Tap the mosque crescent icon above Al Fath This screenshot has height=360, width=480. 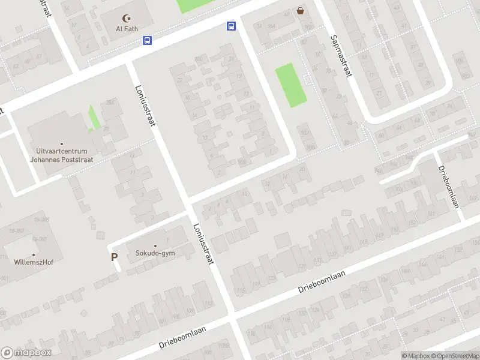[x=126, y=19]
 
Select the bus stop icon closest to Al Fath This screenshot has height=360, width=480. [x=147, y=41]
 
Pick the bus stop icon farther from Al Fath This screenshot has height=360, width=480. [x=231, y=26]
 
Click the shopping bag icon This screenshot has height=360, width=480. [x=300, y=10]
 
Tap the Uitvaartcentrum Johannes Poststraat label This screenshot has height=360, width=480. [x=59, y=155]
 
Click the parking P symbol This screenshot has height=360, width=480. [x=114, y=257]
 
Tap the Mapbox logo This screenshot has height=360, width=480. [x=26, y=353]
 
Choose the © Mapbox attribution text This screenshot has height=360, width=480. [x=415, y=356]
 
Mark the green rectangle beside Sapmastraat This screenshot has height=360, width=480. [x=291, y=85]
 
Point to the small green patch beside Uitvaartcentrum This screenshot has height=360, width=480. [x=94, y=117]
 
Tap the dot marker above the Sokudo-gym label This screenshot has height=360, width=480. [x=155, y=245]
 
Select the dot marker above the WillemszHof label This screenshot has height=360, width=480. [x=34, y=254]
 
